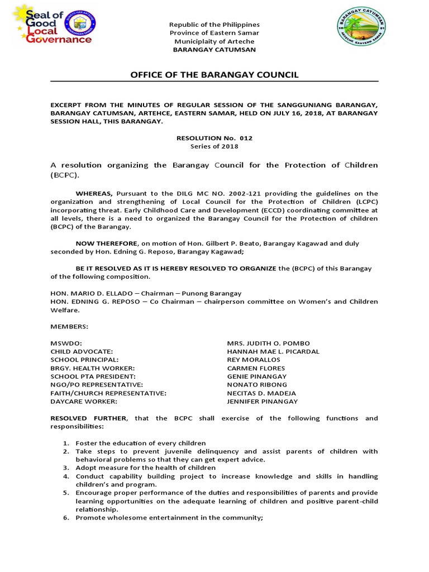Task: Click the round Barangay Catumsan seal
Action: [361, 29]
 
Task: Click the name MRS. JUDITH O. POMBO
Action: [268, 343]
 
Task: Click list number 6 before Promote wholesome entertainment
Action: [65, 518]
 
